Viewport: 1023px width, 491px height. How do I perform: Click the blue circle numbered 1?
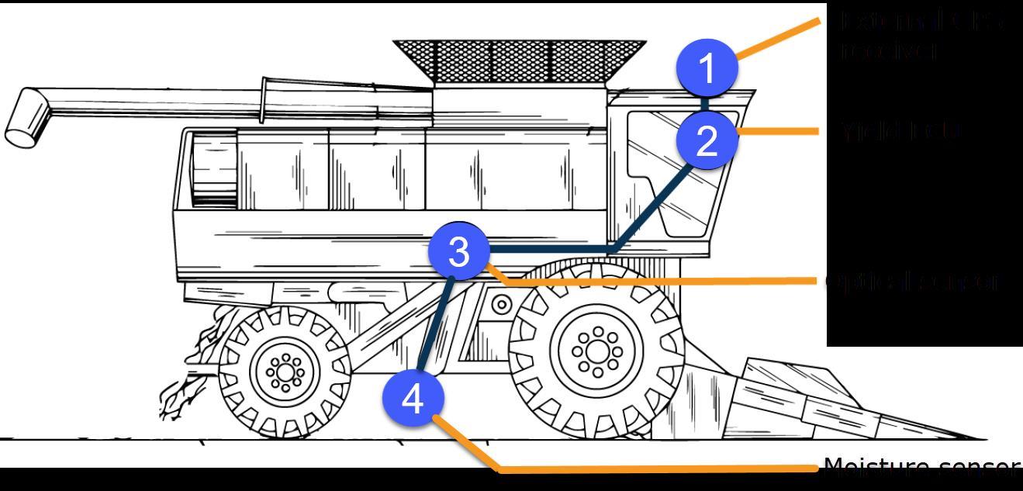click(707, 68)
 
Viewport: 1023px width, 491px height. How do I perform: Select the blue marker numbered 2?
click(707, 141)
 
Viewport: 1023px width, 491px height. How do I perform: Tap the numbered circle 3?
click(458, 251)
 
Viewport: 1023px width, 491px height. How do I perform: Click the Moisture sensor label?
click(921, 467)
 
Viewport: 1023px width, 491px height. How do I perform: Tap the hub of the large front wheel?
click(596, 351)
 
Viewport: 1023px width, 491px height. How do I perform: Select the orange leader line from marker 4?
click(659, 469)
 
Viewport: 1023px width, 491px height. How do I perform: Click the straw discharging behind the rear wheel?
click(186, 372)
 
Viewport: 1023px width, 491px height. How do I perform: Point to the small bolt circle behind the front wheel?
click(501, 304)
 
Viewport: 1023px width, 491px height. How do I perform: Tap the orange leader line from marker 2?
click(776, 131)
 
